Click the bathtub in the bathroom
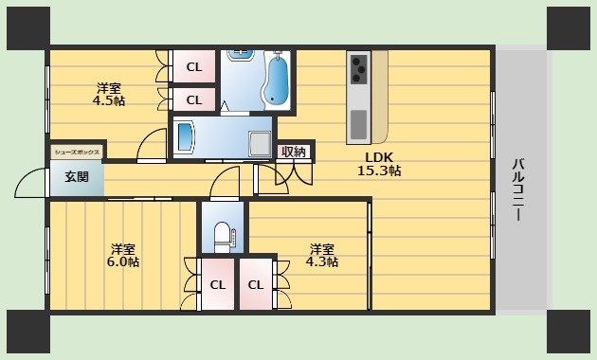pos(279,80)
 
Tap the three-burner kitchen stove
pos(360,68)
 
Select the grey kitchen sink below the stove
pos(358,123)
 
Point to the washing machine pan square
pos(257,142)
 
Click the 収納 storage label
pos(294,152)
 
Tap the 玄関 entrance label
pos(77,177)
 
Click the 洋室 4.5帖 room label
pos(109,94)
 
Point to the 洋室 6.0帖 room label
pos(122,254)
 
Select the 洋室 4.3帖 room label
pos(321,255)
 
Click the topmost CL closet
pos(193,67)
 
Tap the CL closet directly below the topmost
pos(193,99)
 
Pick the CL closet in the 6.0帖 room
pos(218,284)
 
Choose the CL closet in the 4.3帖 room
pos(255,284)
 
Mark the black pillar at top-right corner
pos(568,27)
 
